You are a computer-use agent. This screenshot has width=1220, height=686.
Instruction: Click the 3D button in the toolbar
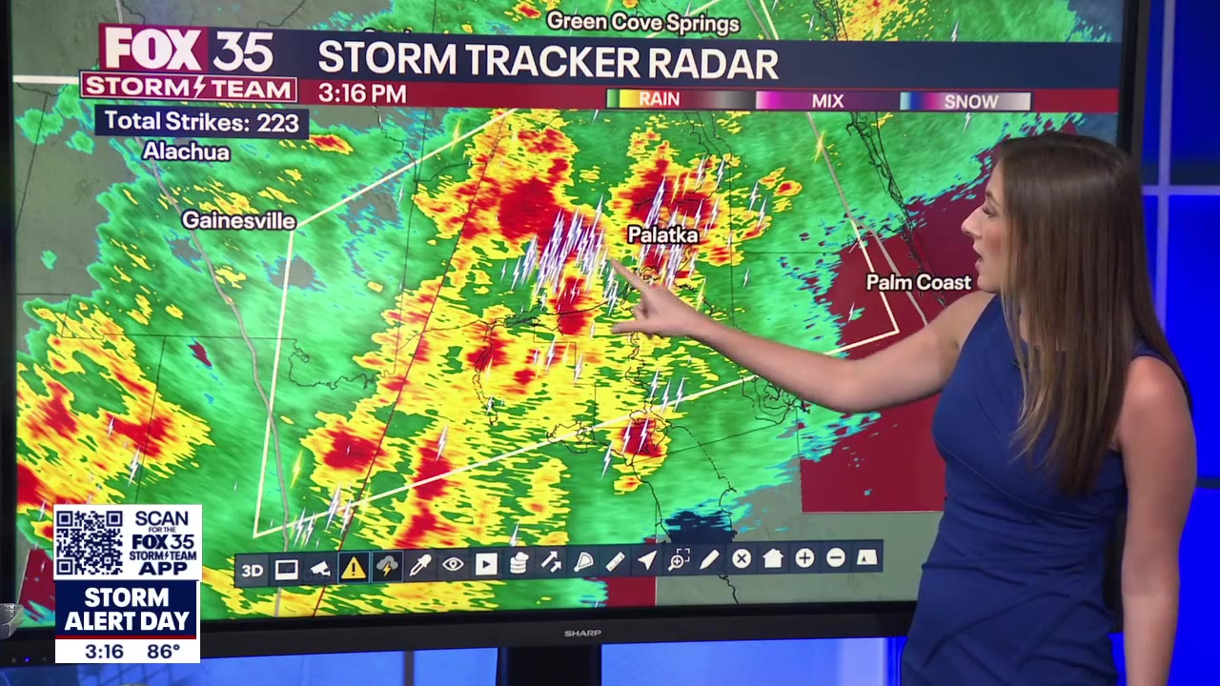252,571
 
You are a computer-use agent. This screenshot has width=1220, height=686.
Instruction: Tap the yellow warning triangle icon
354,569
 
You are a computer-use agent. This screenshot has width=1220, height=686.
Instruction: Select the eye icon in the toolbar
453,564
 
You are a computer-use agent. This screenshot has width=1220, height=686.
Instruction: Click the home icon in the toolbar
773,559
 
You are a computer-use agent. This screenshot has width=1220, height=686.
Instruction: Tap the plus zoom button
804,558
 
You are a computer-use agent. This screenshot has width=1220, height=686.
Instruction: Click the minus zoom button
836,558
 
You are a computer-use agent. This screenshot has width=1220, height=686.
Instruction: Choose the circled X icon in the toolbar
742,559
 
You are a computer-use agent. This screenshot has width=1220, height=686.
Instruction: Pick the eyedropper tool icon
419,566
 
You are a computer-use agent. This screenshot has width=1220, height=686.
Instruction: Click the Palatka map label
663,234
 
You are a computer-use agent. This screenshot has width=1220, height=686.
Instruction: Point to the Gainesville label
239,220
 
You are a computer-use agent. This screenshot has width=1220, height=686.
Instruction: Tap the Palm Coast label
918,282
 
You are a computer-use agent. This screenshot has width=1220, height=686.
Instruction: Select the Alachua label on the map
186,151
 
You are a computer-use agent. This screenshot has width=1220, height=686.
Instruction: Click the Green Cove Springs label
643,22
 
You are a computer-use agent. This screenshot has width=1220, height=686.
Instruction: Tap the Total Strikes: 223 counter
201,122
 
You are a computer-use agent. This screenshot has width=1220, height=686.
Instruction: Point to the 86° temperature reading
164,652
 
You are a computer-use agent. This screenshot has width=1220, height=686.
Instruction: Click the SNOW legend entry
970,101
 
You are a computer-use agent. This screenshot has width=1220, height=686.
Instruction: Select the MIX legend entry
826,101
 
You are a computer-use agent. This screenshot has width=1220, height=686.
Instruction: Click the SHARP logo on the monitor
581,633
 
